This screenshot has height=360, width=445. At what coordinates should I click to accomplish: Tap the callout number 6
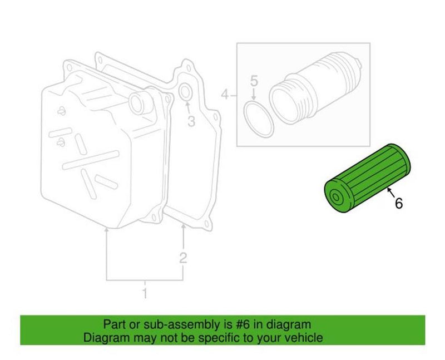tap(398, 204)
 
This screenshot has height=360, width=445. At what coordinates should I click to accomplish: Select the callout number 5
tap(254, 82)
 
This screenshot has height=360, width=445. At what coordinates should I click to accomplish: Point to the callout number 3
tap(190, 121)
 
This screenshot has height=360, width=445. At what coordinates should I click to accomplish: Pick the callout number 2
tap(183, 257)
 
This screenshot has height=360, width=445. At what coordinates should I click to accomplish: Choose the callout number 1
tap(145, 293)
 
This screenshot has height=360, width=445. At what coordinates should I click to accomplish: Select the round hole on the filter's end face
tap(336, 198)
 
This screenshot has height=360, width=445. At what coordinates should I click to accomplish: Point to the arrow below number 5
tap(254, 95)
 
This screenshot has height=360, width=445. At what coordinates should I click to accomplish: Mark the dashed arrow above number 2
tap(183, 236)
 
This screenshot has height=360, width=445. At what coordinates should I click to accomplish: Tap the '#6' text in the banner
tap(248, 324)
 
